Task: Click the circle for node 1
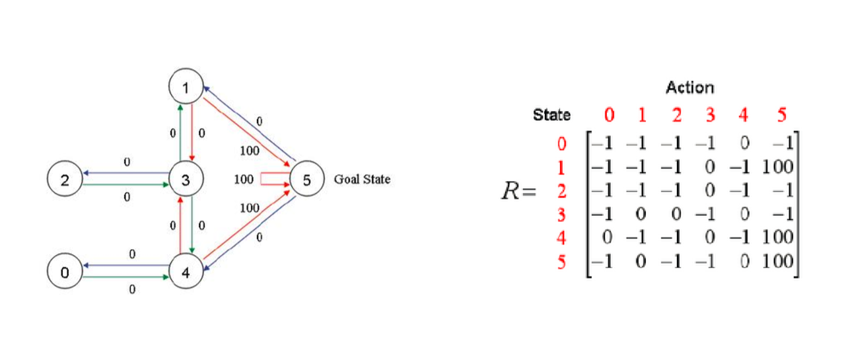pyautogui.click(x=186, y=87)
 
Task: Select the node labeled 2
pyautogui.click(x=65, y=180)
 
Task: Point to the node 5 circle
pyautogui.click(x=306, y=179)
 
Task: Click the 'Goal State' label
pyautogui.click(x=362, y=179)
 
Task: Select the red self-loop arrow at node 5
pyautogui.click(x=271, y=179)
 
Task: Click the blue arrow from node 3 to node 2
pyautogui.click(x=125, y=173)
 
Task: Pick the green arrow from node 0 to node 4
pyautogui.click(x=125, y=278)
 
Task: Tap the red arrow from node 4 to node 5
pyautogui.click(x=244, y=225)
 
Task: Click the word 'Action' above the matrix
pyautogui.click(x=690, y=87)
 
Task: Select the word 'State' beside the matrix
pyautogui.click(x=551, y=115)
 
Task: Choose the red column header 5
pyautogui.click(x=782, y=115)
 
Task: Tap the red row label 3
pyautogui.click(x=561, y=214)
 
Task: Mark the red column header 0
pyautogui.click(x=610, y=115)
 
